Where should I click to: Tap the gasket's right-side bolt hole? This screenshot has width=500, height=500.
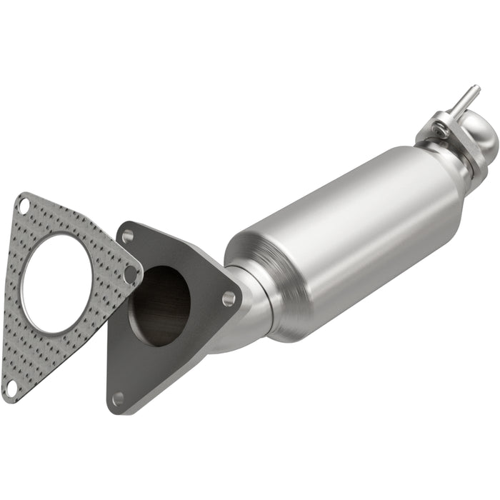pos(130,273)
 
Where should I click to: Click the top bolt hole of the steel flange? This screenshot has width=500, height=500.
pos(128,235)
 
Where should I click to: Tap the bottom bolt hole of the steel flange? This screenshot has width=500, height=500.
pos(119,398)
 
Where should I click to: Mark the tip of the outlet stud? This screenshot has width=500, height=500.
pos(476,89)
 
